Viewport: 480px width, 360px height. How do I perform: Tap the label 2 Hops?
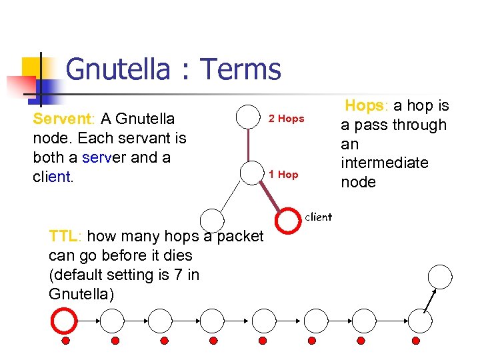286,119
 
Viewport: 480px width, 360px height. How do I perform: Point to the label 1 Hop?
283,175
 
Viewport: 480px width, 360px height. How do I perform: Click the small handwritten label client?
318,217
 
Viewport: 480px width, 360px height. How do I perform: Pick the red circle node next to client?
287,221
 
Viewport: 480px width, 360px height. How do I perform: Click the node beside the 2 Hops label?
249,117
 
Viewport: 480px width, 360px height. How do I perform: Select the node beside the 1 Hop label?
249,172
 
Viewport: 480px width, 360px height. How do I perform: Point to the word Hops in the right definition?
364,105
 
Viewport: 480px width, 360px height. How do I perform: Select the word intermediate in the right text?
385,163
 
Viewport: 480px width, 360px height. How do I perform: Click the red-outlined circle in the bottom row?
65,321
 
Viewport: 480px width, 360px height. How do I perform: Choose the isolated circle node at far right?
440,276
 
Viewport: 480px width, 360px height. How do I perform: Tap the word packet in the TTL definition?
241,236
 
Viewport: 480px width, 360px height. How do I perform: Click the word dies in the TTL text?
178,255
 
